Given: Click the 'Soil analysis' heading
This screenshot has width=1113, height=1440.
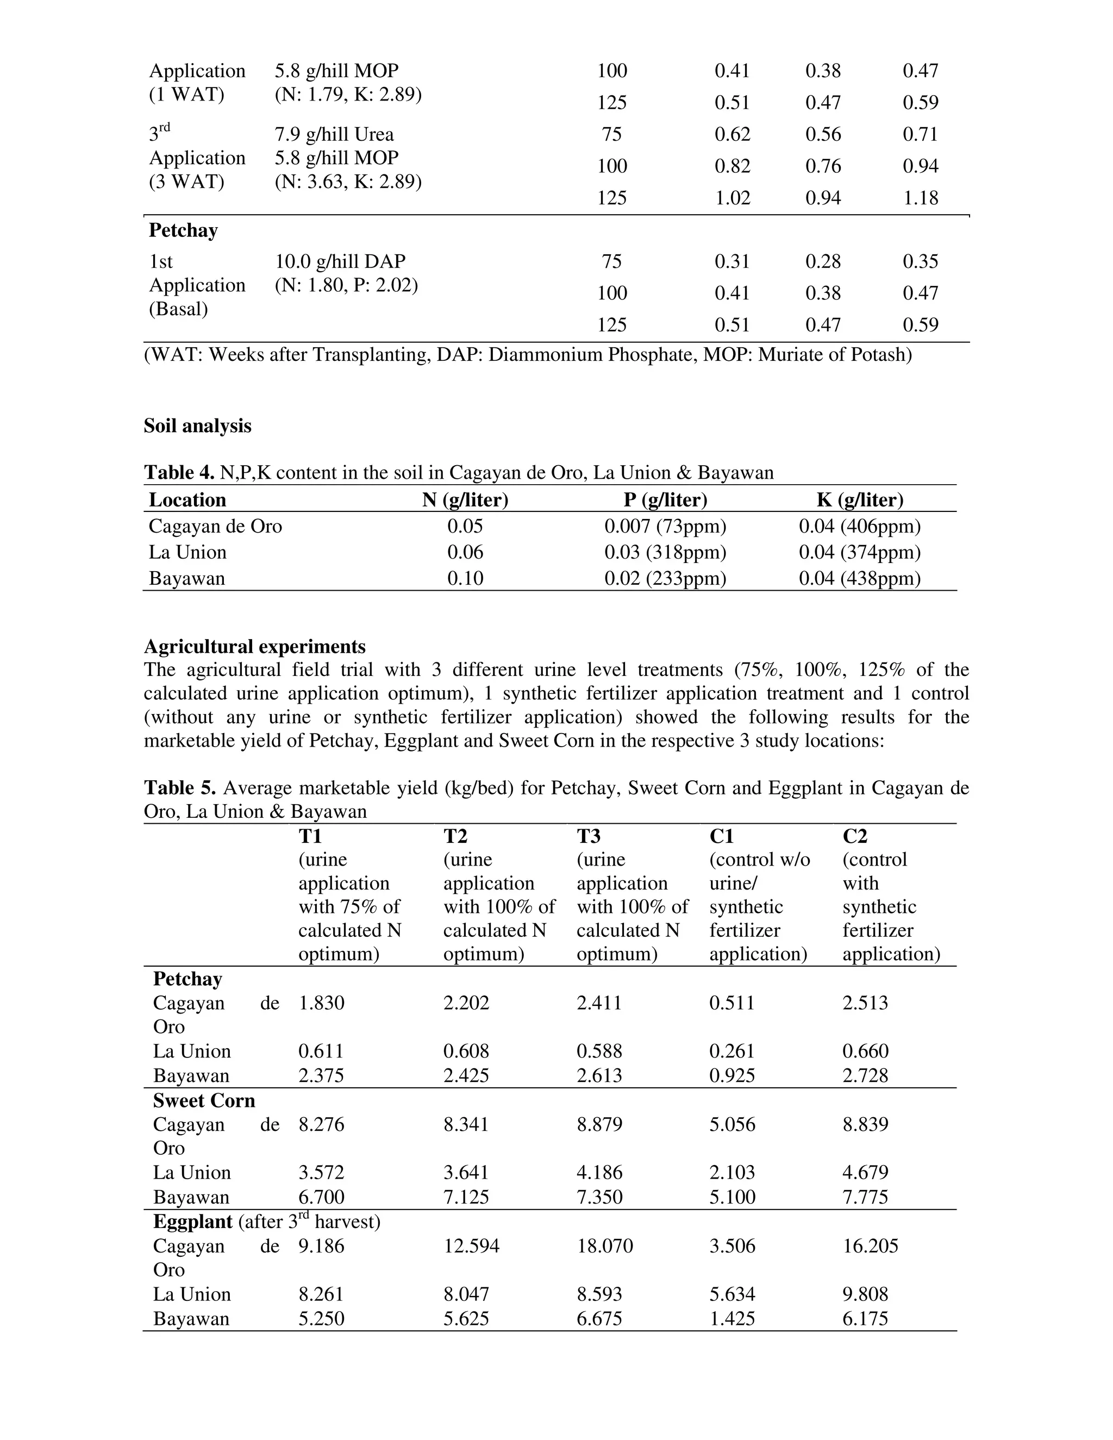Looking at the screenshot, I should tap(197, 426).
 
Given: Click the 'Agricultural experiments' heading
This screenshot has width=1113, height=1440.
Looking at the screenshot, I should tap(254, 646).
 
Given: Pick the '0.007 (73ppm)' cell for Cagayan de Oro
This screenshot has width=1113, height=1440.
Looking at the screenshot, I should tap(665, 526).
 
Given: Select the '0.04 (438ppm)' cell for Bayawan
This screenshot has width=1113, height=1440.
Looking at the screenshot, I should tap(859, 578).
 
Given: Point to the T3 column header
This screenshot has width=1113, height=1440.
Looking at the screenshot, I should tap(588, 836).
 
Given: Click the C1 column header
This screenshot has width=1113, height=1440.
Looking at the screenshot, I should tap(721, 836).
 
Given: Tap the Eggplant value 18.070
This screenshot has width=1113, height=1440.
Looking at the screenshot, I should tap(605, 1246).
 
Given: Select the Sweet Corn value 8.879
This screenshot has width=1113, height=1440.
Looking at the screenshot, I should tap(599, 1124).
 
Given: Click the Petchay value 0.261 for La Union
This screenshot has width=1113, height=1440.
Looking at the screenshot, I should tap(732, 1051).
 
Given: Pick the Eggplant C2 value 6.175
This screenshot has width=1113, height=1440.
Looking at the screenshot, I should tap(865, 1319).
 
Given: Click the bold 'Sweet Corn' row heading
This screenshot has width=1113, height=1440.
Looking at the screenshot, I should tap(204, 1100).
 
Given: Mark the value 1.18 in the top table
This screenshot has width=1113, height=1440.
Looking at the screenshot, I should tap(920, 198).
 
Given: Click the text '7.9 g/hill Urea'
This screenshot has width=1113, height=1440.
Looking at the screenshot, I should tap(334, 135).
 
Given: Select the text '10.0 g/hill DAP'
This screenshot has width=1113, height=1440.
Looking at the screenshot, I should tap(340, 262).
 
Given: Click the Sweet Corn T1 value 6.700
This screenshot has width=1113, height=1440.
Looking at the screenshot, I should tap(321, 1197).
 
